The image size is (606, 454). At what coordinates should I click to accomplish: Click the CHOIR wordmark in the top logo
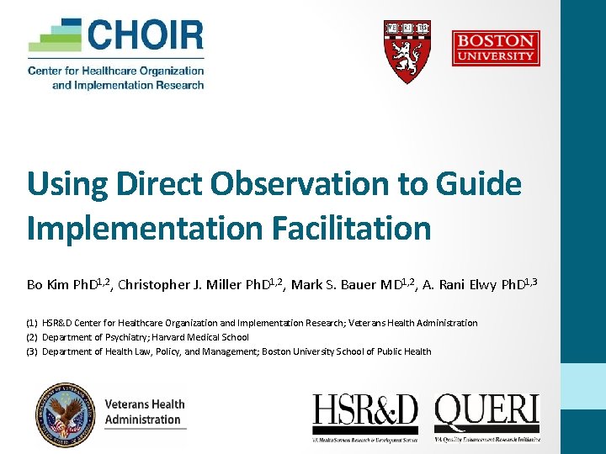145,36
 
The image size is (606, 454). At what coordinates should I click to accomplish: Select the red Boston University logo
496,49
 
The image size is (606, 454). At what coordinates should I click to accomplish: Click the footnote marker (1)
31,323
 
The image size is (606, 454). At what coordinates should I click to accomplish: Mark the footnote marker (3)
31,351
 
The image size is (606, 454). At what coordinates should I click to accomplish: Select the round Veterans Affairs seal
66,414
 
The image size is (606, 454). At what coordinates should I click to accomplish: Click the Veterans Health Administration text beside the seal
144,412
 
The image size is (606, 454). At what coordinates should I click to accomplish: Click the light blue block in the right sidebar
583,386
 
